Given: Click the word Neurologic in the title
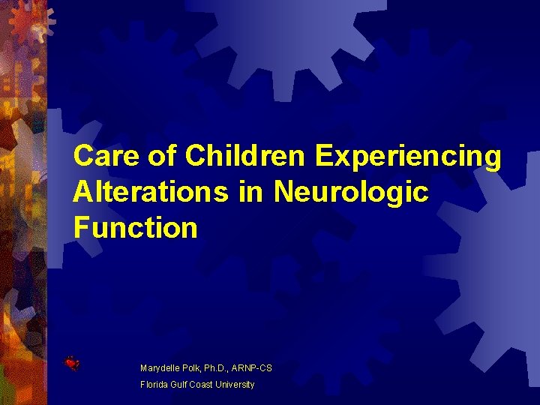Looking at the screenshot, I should (x=351, y=193).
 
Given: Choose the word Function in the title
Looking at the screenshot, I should (x=135, y=228).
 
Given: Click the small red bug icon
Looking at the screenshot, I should (x=72, y=364).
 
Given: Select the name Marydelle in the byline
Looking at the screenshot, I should (x=161, y=368).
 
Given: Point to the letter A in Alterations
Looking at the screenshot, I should (x=82, y=192).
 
